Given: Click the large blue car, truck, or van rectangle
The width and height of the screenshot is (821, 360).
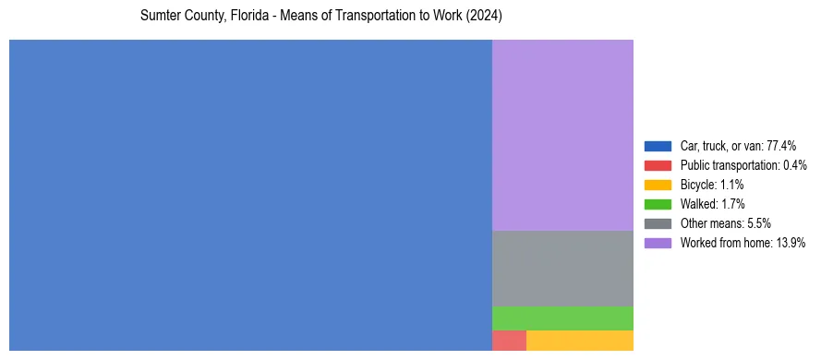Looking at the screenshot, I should tap(250, 195).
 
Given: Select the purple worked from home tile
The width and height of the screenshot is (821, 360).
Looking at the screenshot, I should tap(562, 135).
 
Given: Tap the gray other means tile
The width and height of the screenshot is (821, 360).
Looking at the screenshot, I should tap(562, 268).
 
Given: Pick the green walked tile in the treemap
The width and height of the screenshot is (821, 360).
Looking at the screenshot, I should tap(562, 318).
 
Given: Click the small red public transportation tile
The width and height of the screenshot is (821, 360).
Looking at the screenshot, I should tap(509, 341).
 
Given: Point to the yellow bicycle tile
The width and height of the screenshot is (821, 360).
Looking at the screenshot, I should tap(580, 341).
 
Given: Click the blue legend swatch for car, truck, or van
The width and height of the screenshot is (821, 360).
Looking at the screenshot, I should tap(658, 146).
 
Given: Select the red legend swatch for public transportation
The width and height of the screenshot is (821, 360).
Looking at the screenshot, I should tap(658, 165).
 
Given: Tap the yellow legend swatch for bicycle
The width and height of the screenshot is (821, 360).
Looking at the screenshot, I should tap(658, 185).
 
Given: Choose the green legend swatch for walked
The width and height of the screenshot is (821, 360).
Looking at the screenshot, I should tap(658, 204).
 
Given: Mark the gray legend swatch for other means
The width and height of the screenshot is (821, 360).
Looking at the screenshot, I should tap(658, 223).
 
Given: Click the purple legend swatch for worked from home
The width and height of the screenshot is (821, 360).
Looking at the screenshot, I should tap(658, 243).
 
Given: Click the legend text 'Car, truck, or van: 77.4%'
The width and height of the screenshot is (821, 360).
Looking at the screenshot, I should tap(738, 146).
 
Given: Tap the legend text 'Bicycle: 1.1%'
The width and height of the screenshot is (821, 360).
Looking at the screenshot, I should tap(712, 185).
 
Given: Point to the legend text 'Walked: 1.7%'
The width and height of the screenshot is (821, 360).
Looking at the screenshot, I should tap(712, 204).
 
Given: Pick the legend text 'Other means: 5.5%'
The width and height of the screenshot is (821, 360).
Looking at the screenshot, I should tap(725, 223).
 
